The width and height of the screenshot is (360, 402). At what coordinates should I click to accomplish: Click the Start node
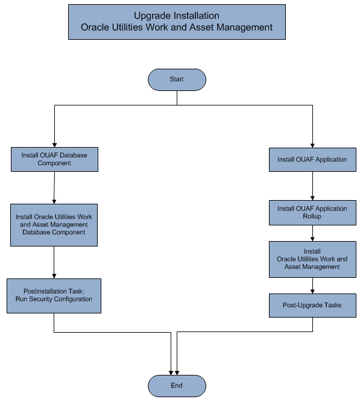pos(177,80)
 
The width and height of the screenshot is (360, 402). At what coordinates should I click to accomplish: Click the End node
pos(177,386)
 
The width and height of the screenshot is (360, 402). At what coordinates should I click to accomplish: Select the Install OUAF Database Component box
pos(55,159)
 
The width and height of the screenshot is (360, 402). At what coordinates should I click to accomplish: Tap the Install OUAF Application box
pos(312,160)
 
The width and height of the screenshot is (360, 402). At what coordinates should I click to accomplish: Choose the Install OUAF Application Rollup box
pos(312,212)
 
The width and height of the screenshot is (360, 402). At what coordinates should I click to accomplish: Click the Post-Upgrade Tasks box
pos(312,305)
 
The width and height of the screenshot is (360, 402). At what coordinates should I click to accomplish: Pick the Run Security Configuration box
pos(54,295)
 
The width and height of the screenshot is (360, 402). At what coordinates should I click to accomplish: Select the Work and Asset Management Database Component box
pos(54,224)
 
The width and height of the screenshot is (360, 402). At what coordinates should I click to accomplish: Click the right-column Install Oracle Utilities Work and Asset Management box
pos(312,259)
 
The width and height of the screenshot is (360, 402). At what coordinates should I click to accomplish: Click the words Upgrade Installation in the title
pos(176,16)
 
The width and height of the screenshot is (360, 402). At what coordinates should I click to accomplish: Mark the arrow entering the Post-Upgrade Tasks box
pos(312,286)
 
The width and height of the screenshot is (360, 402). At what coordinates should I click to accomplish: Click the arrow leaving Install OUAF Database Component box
pos(54,187)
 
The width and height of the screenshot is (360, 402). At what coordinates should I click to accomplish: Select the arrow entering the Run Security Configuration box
pos(54,262)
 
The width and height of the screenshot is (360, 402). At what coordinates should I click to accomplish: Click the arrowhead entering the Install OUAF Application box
pos(312,144)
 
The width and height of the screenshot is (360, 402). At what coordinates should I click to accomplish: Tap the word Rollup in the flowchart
pos(312,216)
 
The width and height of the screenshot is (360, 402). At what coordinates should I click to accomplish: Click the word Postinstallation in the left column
pos(43,291)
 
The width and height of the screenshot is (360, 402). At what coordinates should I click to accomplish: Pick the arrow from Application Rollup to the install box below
pos(312,233)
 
